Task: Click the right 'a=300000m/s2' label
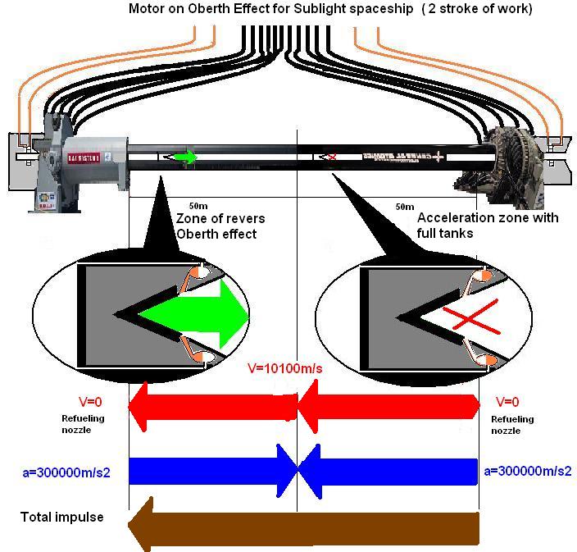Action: point(528,471)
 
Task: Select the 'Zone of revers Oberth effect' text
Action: point(218,225)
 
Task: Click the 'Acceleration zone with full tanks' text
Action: point(488,225)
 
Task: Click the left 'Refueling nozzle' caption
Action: point(83,424)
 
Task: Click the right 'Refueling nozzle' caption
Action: point(512,424)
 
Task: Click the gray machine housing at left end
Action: point(90,156)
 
